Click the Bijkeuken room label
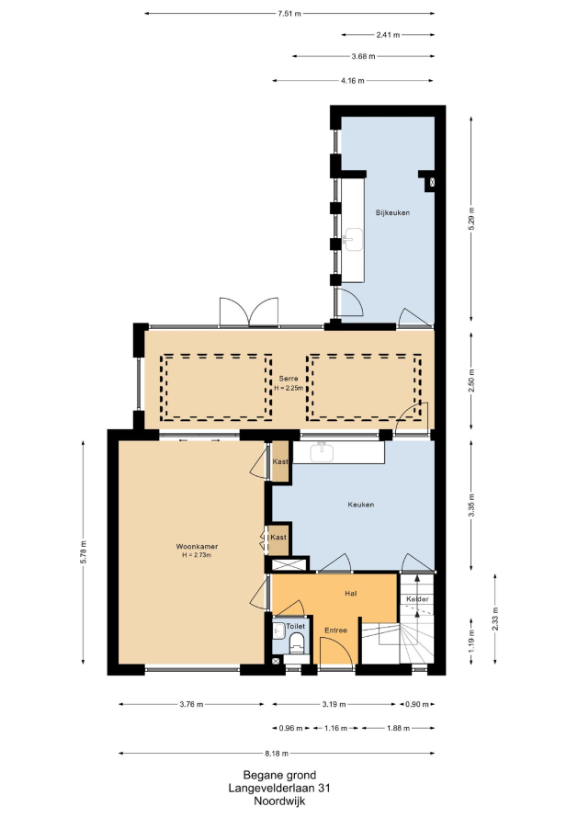point(392,213)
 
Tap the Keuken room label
point(361,505)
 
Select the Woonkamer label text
point(197,547)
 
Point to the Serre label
point(289,379)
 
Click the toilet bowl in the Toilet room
point(296,642)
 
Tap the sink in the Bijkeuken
point(353,240)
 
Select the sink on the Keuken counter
point(322,452)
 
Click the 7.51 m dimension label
point(289,14)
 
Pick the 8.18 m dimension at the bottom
point(277,754)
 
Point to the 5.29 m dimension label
point(471,219)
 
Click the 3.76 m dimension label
point(191,704)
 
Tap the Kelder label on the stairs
point(417,599)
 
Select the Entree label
point(336,631)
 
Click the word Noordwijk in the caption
point(279,801)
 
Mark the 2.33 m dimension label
point(495,619)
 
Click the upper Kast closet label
point(280,461)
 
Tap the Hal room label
point(350,594)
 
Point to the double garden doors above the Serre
point(249,312)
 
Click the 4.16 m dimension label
point(353,81)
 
